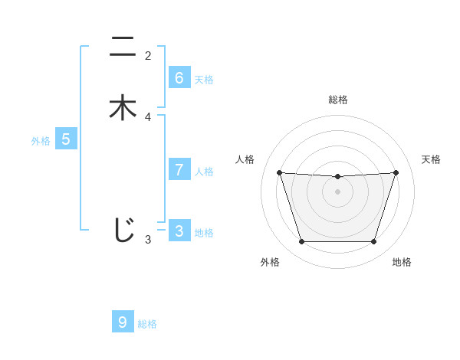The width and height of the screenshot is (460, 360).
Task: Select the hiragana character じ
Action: tap(123, 230)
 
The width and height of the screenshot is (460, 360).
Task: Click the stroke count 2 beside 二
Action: tap(148, 56)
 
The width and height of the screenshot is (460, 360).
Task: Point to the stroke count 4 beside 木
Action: tap(148, 117)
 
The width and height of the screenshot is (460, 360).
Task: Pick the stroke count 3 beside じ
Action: tap(148, 240)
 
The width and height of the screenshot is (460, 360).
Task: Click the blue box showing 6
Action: tap(179, 78)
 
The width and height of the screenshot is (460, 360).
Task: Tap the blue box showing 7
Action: tap(179, 170)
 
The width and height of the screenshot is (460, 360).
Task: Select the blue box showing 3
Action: tap(179, 231)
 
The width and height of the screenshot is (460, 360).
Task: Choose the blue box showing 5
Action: tap(66, 139)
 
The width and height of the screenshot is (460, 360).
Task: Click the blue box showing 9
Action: tap(123, 322)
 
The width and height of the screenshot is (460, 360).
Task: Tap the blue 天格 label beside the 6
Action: tap(204, 80)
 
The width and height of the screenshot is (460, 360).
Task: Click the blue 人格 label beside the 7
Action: tap(204, 172)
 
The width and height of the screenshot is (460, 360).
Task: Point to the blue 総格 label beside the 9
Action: tap(147, 324)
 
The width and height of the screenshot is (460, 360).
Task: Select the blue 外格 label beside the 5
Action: tap(41, 141)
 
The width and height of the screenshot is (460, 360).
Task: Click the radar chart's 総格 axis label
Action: tap(337, 100)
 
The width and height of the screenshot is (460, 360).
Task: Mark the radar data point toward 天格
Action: tap(396, 172)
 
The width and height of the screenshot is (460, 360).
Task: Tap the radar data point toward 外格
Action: tap(301, 242)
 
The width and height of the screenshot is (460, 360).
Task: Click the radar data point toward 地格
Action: tap(373, 242)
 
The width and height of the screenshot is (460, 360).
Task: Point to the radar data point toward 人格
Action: tap(279, 172)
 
